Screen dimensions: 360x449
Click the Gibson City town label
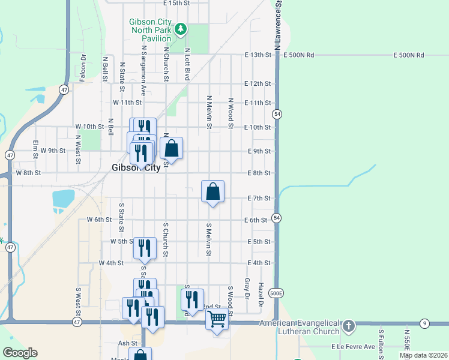[136, 168]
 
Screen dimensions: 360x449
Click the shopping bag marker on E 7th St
[212, 191]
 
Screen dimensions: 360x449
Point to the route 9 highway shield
[424, 323]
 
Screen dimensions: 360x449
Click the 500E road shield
[276, 293]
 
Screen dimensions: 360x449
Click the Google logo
[20, 353]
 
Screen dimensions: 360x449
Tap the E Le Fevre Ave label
[353, 347]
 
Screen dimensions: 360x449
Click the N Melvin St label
[209, 112]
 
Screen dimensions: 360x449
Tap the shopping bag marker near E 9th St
[171, 148]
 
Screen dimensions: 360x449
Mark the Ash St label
[128, 343]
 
